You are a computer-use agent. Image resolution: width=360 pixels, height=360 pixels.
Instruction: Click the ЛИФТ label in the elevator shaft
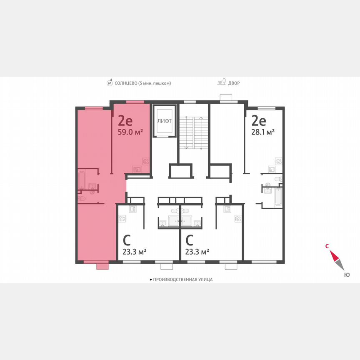click(163, 121)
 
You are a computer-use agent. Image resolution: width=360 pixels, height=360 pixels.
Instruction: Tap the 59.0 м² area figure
click(131, 132)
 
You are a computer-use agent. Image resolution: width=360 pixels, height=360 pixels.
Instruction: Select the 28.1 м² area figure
click(263, 132)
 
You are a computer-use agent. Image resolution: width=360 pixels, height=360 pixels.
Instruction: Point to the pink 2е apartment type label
click(125, 121)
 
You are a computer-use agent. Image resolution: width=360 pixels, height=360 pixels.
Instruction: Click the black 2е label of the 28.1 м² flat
click(258, 121)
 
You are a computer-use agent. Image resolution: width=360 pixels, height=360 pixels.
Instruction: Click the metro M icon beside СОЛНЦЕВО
click(110, 83)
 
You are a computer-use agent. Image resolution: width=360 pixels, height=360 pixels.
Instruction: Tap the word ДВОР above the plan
click(234, 83)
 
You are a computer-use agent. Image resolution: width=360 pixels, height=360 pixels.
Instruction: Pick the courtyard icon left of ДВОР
click(222, 82)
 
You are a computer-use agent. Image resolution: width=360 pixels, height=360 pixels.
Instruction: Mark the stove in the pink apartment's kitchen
click(145, 160)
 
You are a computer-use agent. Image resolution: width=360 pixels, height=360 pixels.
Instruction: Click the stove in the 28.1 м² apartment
click(279, 160)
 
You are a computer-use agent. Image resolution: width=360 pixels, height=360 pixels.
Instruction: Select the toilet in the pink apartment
click(82, 199)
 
